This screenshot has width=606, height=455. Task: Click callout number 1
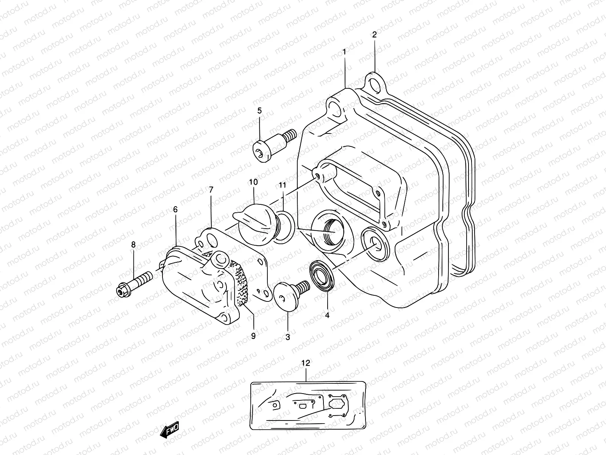344,52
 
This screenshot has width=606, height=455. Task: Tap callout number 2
374,35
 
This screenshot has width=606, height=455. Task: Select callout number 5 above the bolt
259,111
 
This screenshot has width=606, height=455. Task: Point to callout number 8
133,245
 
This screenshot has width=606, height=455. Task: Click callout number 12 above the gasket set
306,363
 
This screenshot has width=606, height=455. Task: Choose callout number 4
327,315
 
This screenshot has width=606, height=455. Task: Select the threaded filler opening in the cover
329,231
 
